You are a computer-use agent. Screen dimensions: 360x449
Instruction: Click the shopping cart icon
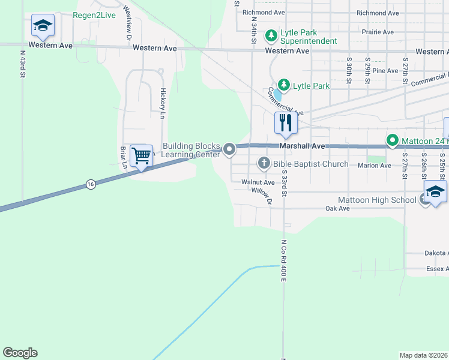141,156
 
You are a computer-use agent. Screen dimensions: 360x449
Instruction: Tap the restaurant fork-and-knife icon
285,122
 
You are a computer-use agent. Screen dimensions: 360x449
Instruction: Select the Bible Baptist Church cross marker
264,163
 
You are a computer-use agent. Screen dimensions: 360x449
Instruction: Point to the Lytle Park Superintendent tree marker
271,36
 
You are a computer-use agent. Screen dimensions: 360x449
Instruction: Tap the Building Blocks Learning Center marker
229,149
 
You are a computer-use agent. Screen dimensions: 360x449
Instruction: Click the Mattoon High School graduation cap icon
435,192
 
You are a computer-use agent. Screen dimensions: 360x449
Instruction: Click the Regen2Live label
94,15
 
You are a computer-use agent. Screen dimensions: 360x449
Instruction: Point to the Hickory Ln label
163,102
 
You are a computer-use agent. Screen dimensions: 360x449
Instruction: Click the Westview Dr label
128,22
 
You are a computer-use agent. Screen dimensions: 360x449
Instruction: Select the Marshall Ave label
302,146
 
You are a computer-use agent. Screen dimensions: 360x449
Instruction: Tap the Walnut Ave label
258,182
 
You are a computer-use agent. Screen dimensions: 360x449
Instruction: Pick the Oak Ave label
337,209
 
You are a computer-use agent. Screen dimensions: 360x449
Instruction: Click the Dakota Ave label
436,253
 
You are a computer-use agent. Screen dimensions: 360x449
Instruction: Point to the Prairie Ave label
379,32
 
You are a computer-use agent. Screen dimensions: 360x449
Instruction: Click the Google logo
20,353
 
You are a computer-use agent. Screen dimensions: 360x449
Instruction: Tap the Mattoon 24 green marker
393,141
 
